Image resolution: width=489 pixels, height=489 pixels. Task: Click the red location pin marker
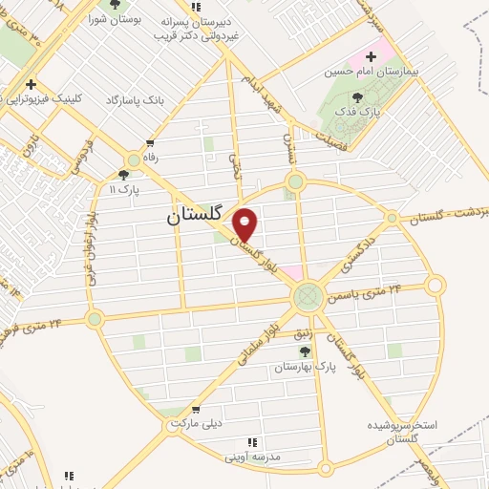pyautogui.click(x=245, y=225)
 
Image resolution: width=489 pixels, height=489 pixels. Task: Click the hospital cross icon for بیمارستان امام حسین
pyautogui.click(x=371, y=56)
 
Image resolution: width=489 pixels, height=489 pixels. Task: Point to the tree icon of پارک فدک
pyautogui.click(x=357, y=96)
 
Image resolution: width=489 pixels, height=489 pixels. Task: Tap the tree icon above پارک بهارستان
pyautogui.click(x=305, y=351)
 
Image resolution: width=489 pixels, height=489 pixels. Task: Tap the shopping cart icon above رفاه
pyautogui.click(x=150, y=143)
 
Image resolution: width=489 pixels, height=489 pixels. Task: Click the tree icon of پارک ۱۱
pyautogui.click(x=123, y=175)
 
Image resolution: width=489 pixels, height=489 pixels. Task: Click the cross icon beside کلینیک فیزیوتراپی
pyautogui.click(x=32, y=84)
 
